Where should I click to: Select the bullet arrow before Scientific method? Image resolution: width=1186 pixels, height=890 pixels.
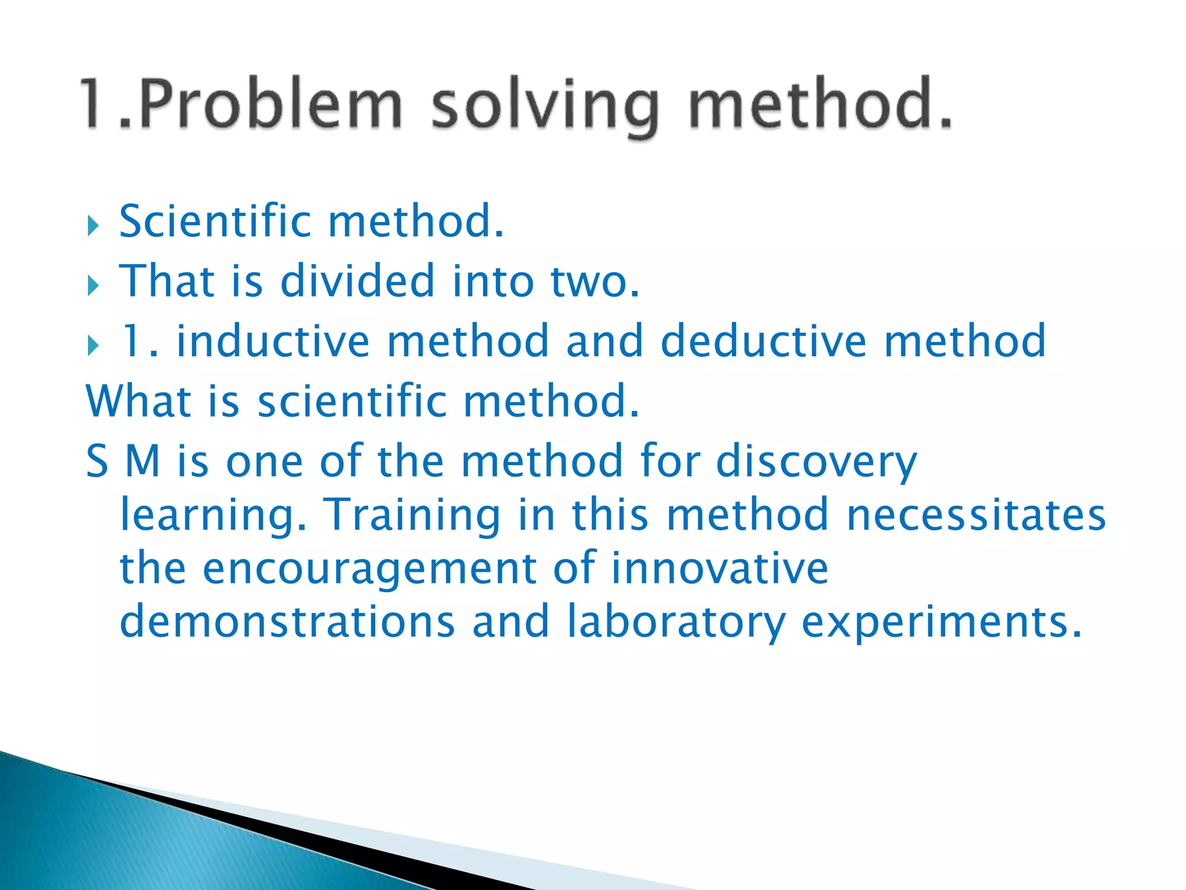pyautogui.click(x=93, y=225)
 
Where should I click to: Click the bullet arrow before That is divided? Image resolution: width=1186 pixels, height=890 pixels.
pyautogui.click(x=93, y=285)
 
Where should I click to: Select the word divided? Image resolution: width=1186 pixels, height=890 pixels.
pyautogui.click(x=357, y=281)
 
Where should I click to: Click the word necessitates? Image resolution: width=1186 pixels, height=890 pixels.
pyautogui.click(x=976, y=515)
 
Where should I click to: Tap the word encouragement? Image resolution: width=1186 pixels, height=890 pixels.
pyautogui.click(x=369, y=568)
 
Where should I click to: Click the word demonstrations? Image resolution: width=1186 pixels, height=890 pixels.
pyautogui.click(x=287, y=622)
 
